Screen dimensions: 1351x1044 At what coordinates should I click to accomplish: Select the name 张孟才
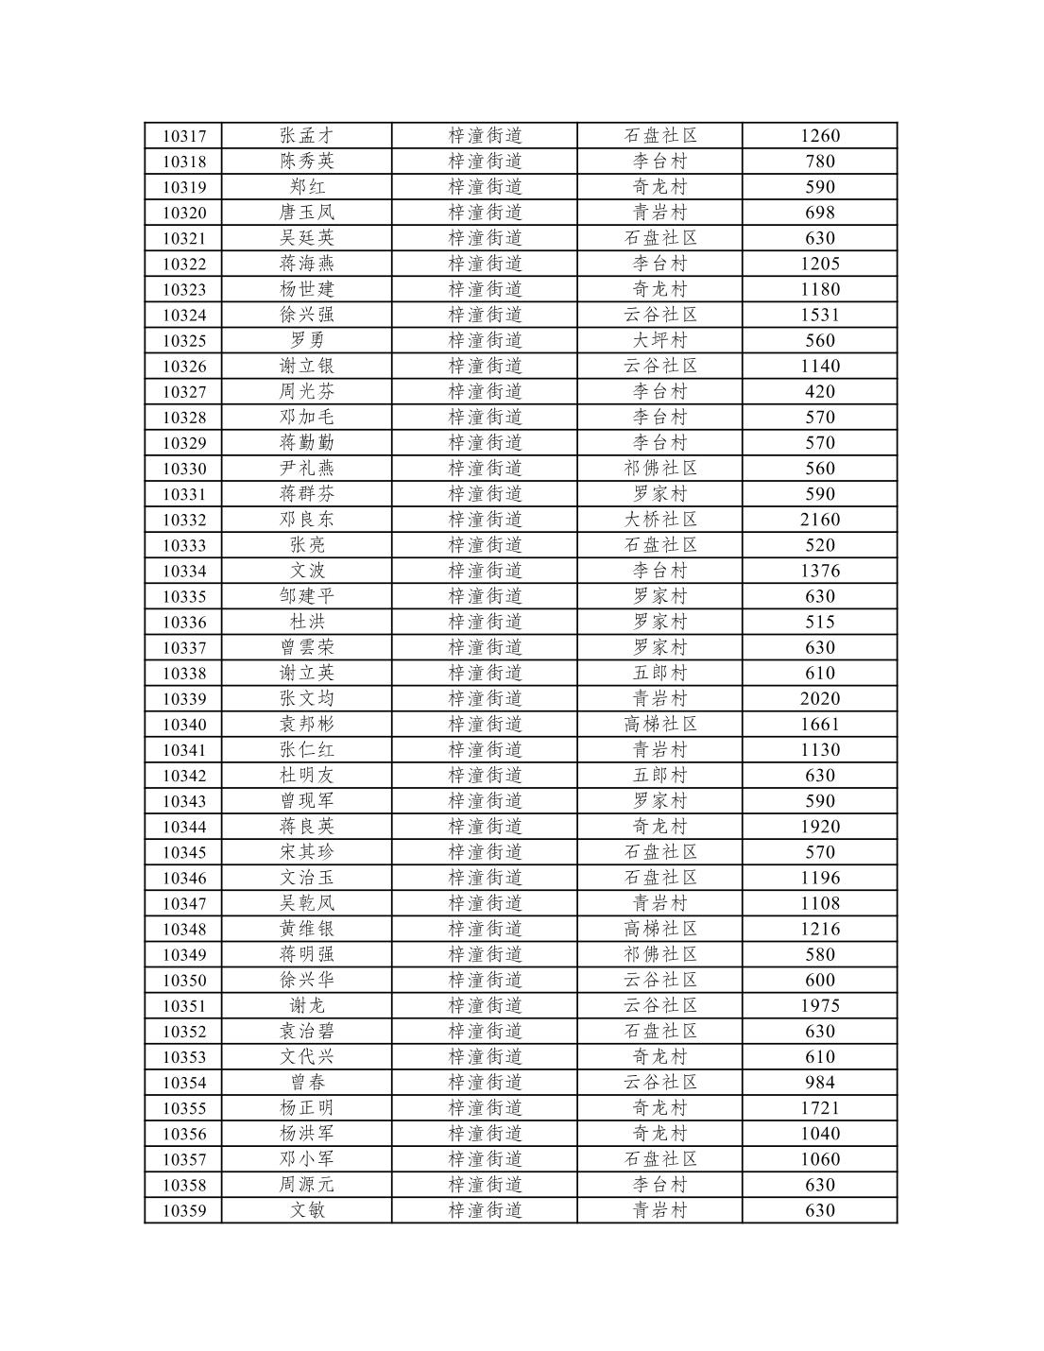[307, 136]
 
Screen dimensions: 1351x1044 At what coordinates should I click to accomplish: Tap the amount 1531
[819, 315]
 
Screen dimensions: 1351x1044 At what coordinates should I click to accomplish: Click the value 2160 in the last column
[819, 520]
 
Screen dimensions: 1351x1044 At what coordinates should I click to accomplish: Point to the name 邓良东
[307, 520]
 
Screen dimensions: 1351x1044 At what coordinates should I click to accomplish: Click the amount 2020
[819, 699]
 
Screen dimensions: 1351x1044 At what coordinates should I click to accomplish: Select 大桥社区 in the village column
[660, 520]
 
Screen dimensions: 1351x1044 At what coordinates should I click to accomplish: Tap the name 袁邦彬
[307, 725]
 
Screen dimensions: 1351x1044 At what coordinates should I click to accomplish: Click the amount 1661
[819, 725]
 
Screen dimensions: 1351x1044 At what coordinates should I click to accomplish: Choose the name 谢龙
[307, 1006]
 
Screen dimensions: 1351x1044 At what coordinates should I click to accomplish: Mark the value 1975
[819, 1006]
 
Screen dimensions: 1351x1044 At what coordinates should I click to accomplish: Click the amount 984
[819, 1083]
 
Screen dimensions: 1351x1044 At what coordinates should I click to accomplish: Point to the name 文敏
[307, 1210]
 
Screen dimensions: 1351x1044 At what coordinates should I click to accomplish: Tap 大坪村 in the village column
[660, 340]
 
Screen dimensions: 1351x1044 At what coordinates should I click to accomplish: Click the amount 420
[819, 392]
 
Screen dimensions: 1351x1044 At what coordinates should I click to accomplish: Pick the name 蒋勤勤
[307, 443]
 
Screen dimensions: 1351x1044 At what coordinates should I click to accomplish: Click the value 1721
[819, 1108]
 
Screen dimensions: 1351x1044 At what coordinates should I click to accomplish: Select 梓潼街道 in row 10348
[485, 930]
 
